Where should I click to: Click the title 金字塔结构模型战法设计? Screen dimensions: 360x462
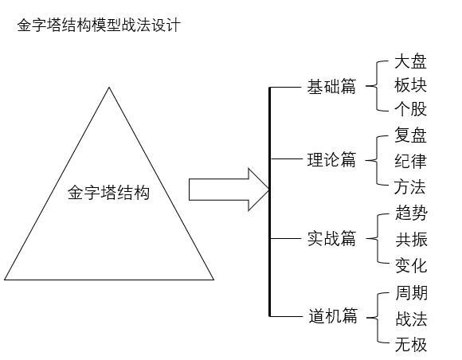pyautogui.click(x=99, y=25)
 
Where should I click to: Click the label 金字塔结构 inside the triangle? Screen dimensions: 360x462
pyautogui.click(x=108, y=192)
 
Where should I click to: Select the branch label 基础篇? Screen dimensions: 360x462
pyautogui.click(x=331, y=87)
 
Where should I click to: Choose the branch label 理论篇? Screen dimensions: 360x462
pyautogui.click(x=331, y=160)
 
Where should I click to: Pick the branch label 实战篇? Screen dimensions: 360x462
pyautogui.click(x=331, y=238)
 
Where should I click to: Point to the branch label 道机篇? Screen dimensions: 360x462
pyautogui.click(x=331, y=316)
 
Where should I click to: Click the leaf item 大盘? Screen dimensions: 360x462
pyautogui.click(x=411, y=62)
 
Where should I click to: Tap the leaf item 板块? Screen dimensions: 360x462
pyautogui.click(x=411, y=85)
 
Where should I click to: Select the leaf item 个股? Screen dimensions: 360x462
pyautogui.click(x=411, y=109)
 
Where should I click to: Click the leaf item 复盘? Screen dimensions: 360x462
pyautogui.click(x=411, y=136)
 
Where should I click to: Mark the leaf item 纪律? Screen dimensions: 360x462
pyautogui.click(x=411, y=161)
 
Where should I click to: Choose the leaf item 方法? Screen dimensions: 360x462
pyautogui.click(x=411, y=187)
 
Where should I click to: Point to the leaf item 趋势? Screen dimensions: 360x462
pyautogui.click(x=411, y=213)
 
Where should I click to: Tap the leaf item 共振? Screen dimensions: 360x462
pyautogui.click(x=411, y=240)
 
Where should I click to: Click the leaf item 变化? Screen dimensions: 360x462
pyautogui.click(x=411, y=265)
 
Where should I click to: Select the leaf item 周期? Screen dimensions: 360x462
pyautogui.click(x=411, y=293)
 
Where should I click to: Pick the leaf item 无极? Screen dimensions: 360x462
pyautogui.click(x=411, y=345)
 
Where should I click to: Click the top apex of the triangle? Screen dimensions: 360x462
pyautogui.click(x=109, y=88)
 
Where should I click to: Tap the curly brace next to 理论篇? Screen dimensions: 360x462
pyautogui.click(x=373, y=160)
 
